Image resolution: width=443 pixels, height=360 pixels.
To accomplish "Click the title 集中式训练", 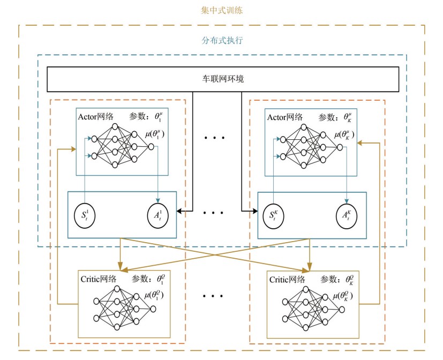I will point(221,10).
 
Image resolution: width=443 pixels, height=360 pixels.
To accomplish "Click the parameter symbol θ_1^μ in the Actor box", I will point(160,116).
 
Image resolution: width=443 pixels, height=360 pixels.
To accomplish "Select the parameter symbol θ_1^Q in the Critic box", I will point(162,279).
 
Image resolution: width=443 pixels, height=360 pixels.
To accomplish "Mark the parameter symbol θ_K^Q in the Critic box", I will point(351,279).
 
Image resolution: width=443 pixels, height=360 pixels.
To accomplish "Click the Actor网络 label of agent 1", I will point(95,117).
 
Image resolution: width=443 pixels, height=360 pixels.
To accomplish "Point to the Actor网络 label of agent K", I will point(284,117).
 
